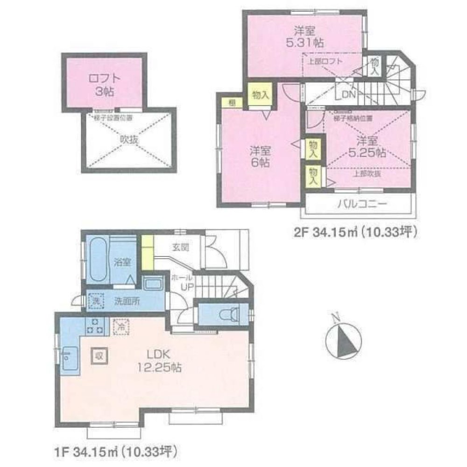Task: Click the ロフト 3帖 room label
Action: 101,84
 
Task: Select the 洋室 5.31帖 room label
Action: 304,36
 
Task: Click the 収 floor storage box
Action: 99,355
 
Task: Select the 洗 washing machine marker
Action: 95,301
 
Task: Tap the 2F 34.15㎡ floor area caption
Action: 354,232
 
